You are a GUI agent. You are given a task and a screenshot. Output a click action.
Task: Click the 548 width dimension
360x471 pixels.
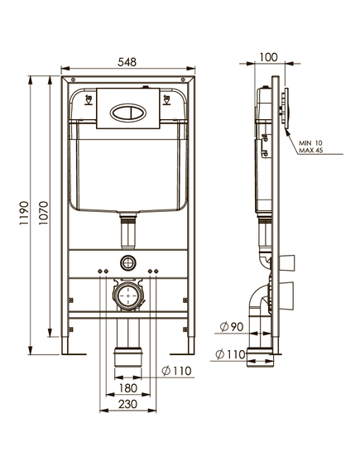click(x=127, y=62)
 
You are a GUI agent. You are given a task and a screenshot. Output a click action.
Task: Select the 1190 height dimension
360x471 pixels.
click(x=24, y=214)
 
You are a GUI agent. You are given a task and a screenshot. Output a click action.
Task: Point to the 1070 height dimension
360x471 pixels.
click(x=43, y=214)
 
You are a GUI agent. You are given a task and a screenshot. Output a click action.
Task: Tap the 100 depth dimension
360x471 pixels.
click(x=268, y=57)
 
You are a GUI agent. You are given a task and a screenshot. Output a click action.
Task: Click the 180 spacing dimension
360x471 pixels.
click(x=128, y=387)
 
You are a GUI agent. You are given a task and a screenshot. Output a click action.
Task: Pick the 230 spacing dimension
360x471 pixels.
click(x=128, y=404)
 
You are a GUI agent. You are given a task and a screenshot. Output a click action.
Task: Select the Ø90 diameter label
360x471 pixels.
click(x=231, y=326)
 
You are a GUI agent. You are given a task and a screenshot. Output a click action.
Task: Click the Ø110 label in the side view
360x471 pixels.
click(x=231, y=354)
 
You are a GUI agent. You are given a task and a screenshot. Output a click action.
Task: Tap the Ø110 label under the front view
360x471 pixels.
click(x=176, y=371)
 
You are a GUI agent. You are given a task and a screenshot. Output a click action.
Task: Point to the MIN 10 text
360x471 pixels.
click(x=310, y=143)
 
